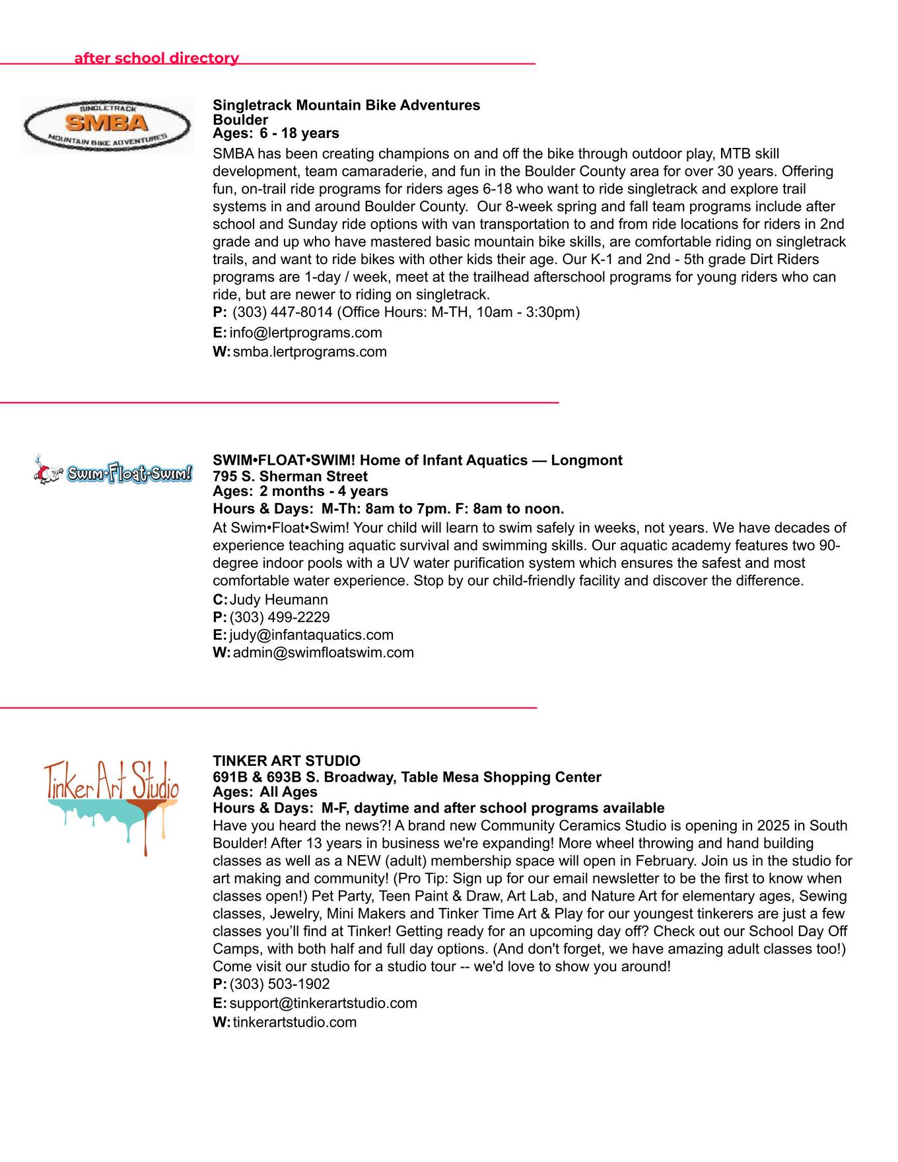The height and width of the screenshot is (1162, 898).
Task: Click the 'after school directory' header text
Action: (x=156, y=58)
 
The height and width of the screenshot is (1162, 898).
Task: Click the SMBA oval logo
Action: (x=107, y=125)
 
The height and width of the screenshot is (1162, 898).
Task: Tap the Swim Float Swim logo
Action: (x=114, y=473)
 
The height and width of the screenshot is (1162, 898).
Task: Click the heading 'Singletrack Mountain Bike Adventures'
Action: (x=346, y=105)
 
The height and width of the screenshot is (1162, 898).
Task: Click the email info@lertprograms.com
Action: (x=306, y=333)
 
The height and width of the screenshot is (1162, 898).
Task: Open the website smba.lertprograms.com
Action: (x=310, y=352)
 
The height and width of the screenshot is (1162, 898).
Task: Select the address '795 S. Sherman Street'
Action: (x=290, y=476)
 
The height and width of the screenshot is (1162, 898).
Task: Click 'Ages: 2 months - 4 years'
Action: (x=300, y=491)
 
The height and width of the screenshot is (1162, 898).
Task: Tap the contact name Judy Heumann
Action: (x=279, y=599)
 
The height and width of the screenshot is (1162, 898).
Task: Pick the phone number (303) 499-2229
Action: (x=280, y=617)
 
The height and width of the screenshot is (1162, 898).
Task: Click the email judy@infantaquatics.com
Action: (x=312, y=635)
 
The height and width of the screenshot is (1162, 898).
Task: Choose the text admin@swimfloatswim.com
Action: (x=324, y=653)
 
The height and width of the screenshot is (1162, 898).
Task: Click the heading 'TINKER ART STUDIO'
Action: (x=287, y=761)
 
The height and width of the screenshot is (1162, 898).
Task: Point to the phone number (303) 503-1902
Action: (x=280, y=984)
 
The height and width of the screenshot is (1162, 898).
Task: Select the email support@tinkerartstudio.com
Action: (x=324, y=1004)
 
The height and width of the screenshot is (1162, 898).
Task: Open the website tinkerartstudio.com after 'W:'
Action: (x=294, y=1023)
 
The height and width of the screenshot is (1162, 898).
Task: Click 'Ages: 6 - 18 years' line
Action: (x=276, y=133)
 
